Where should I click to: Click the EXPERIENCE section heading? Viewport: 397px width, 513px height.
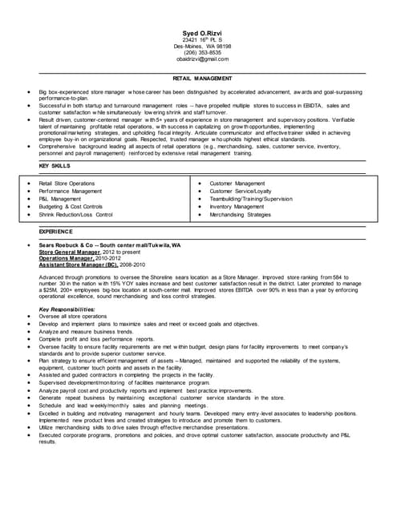(56, 231)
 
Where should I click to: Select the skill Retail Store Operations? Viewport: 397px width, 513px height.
(67, 184)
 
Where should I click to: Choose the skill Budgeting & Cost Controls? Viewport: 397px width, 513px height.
(71, 207)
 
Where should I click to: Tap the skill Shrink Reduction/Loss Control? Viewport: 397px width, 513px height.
(75, 215)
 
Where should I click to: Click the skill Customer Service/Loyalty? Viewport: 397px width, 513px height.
(240, 192)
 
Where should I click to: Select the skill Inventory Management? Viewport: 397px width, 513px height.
(238, 207)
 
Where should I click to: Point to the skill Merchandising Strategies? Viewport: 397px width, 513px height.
(240, 215)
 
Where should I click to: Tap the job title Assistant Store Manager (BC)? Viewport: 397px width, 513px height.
(79, 264)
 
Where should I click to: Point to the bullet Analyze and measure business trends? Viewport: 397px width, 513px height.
(86, 331)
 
